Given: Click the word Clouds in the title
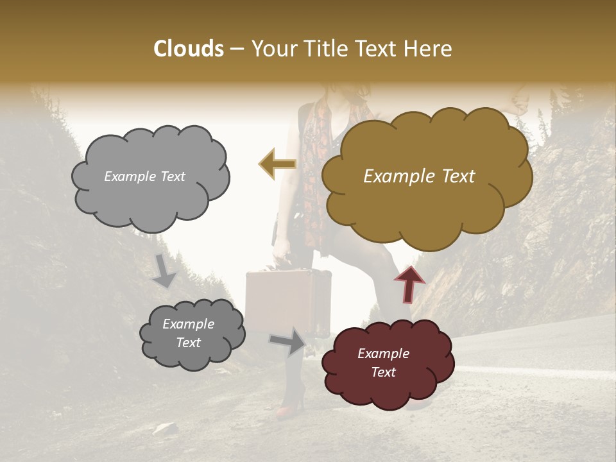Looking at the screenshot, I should (189, 49).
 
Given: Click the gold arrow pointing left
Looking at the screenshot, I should (277, 164).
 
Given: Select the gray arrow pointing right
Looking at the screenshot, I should (288, 341).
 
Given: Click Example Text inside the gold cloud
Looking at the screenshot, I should (419, 176).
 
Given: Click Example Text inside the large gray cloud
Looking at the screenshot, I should (144, 176).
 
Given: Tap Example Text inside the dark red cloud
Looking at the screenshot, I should (383, 363).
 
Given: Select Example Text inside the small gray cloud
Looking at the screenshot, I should (188, 334).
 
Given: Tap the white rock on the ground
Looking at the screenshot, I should (165, 429).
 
